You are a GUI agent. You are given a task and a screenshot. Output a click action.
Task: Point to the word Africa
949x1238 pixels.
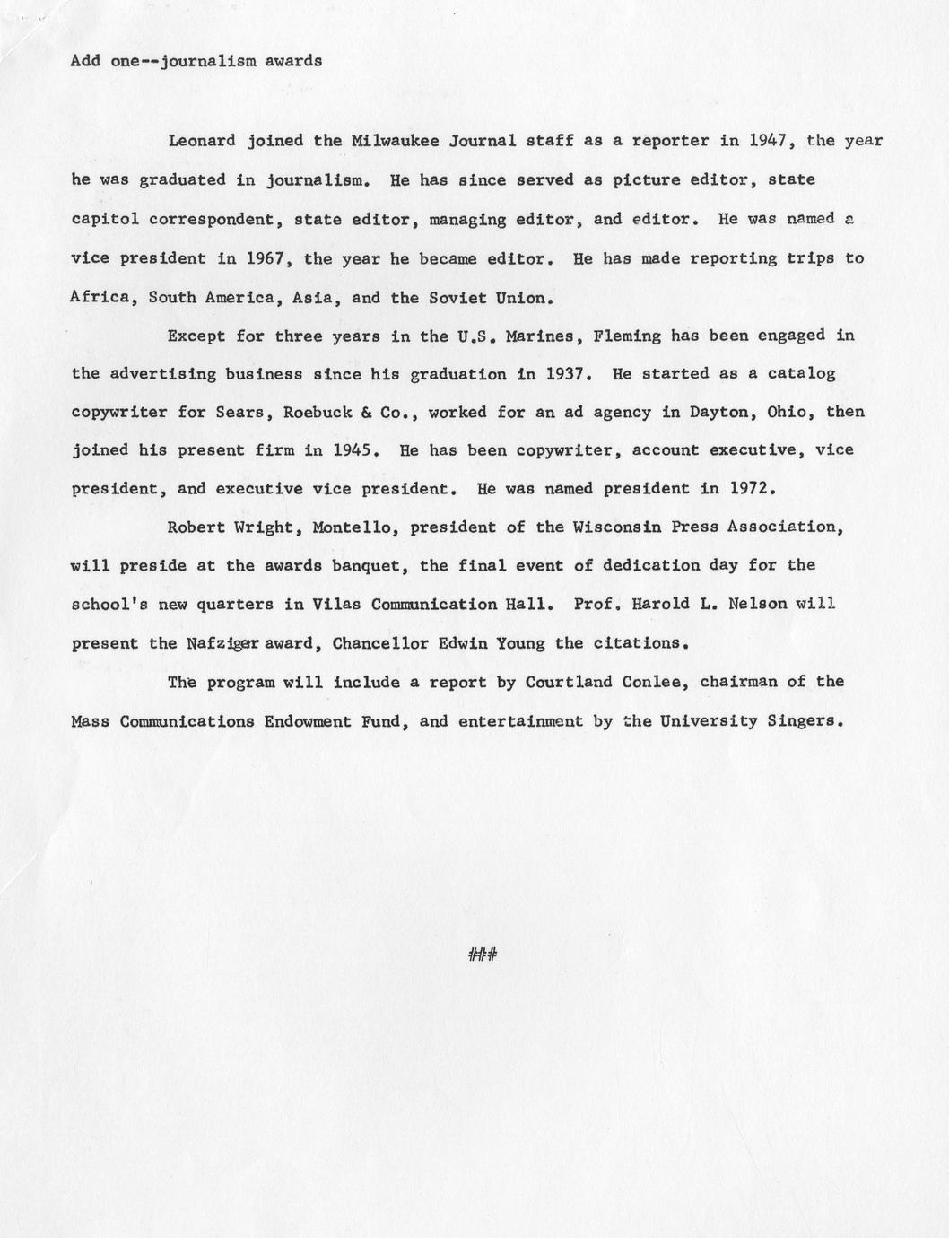point(100,297)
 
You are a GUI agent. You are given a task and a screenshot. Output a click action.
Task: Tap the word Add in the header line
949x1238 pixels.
point(85,61)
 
